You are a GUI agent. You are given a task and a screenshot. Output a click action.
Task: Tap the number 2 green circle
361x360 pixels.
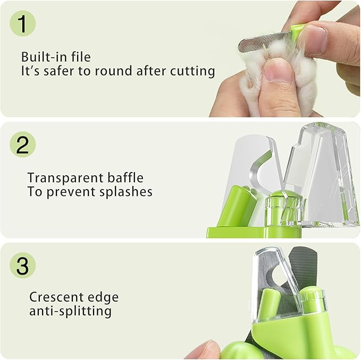(x=22, y=144)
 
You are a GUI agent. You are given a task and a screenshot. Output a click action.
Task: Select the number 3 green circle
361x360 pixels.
(x=22, y=265)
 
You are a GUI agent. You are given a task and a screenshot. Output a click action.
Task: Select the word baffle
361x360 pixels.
(x=126, y=177)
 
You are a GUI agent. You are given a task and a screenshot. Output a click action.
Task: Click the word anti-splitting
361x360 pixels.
(x=70, y=311)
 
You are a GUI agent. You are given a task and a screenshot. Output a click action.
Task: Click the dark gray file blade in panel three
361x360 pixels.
(x=304, y=271)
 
